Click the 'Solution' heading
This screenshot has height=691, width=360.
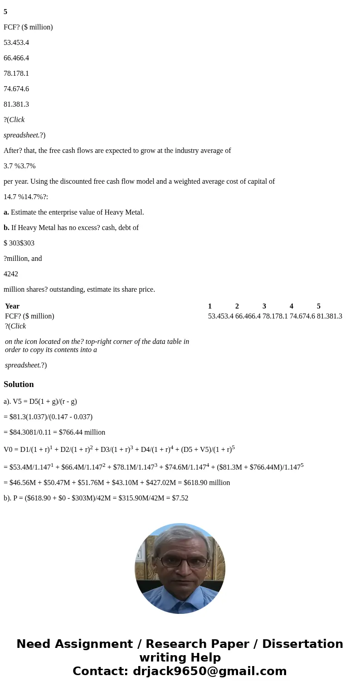point(19,384)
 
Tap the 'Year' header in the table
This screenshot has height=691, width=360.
point(12,306)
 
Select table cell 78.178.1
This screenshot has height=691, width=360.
point(275,316)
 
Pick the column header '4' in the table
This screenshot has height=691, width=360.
point(292,306)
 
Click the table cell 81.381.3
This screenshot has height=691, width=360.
point(330,316)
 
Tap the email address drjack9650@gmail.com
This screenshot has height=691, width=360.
point(209,671)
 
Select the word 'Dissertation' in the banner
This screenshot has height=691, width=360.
point(302,644)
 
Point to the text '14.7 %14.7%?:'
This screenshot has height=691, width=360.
point(26,196)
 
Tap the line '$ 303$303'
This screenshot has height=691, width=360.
point(19,243)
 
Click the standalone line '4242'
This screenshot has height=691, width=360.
point(11,274)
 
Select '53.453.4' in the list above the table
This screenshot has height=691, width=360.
point(16,42)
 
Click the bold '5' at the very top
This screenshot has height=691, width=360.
point(5,12)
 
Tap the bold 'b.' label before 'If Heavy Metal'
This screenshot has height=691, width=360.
point(6,227)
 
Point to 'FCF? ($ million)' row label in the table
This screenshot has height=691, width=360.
point(29,316)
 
